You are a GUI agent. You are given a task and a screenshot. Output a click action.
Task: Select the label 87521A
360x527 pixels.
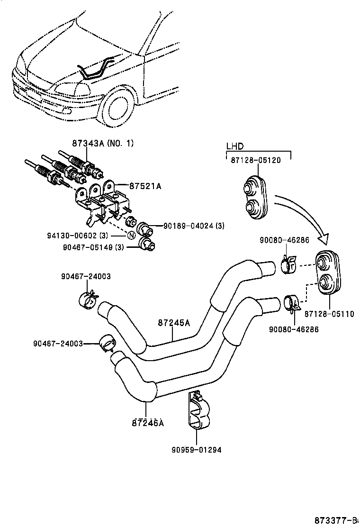146,186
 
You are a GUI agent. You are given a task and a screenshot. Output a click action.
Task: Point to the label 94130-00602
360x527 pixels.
85,236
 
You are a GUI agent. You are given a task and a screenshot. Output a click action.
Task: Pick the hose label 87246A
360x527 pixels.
148,422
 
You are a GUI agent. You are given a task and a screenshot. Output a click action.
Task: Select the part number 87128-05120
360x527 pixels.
256,160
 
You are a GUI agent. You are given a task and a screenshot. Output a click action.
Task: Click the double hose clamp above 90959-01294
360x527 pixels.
198,410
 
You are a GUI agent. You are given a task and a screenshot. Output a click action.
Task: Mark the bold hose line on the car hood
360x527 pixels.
97,69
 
